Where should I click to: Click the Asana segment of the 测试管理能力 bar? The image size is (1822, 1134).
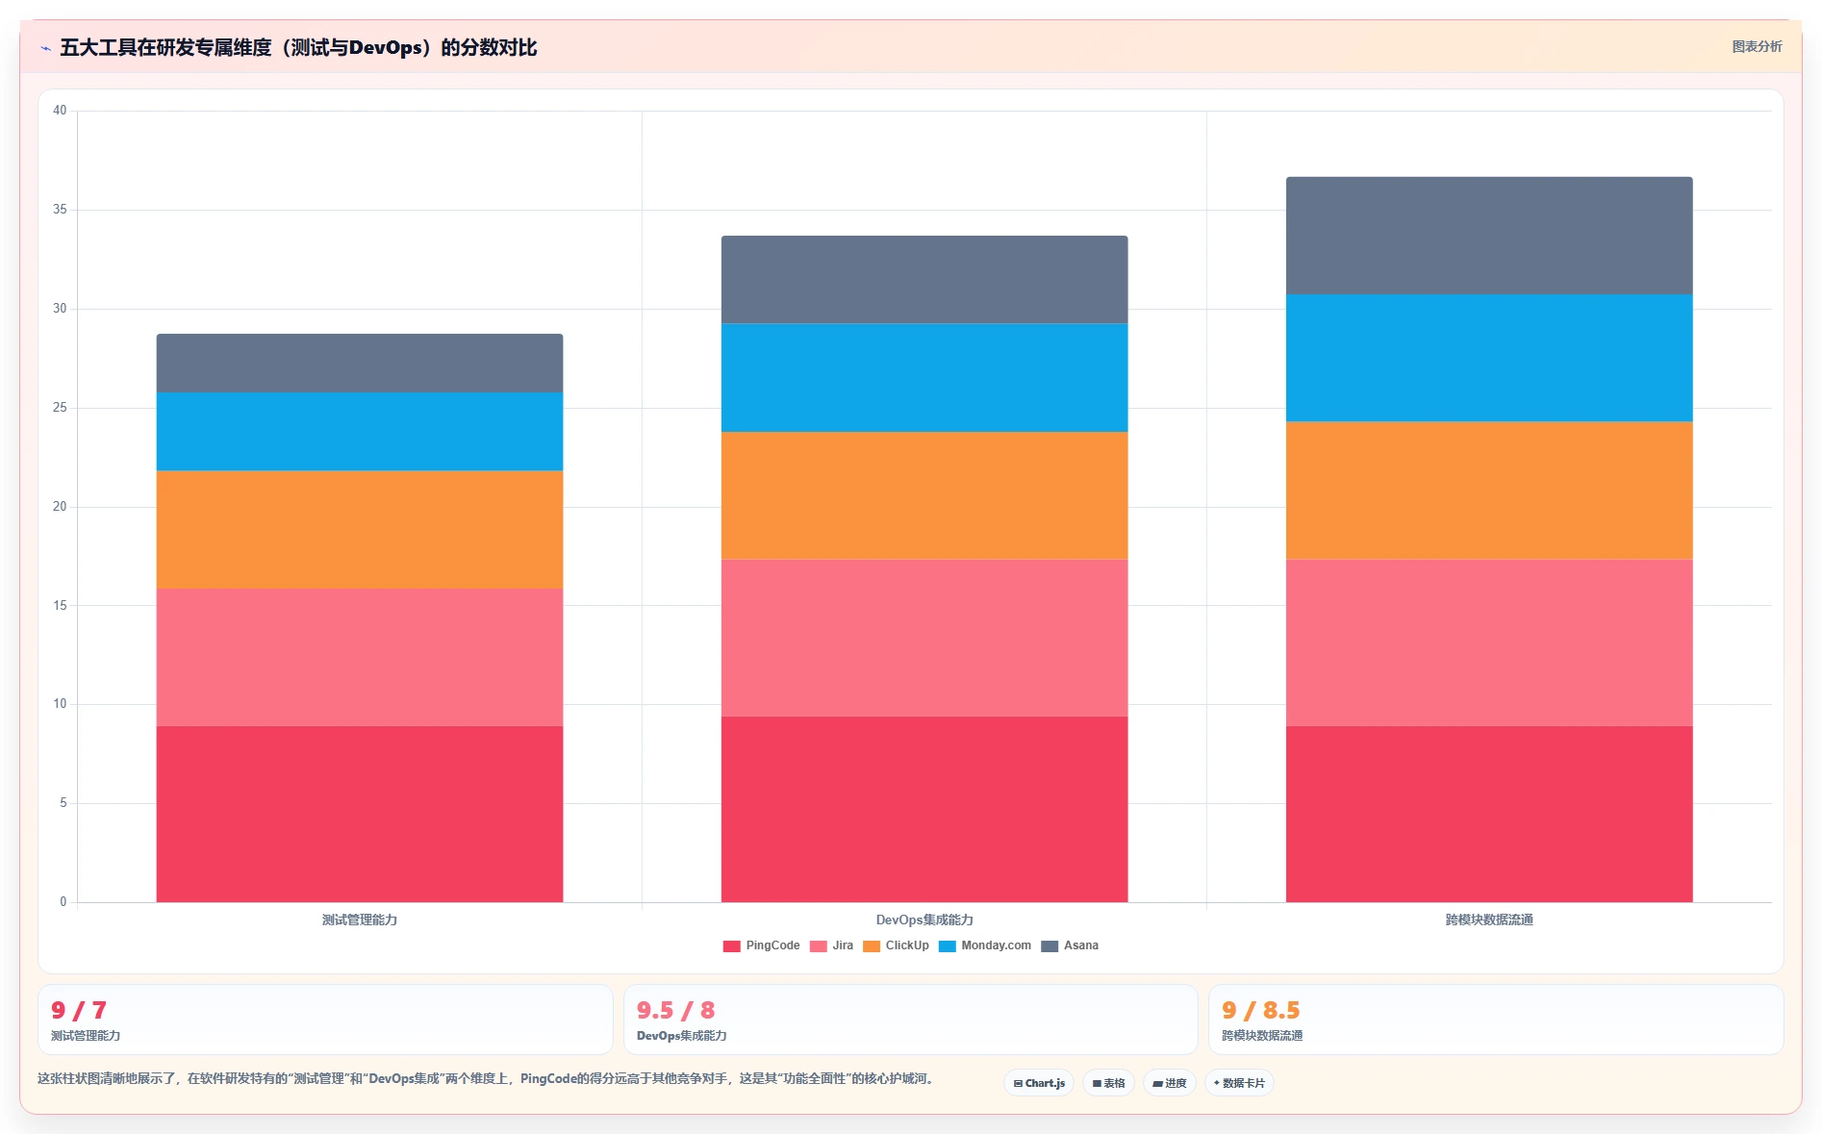360,363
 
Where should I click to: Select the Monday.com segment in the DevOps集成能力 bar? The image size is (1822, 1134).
924,378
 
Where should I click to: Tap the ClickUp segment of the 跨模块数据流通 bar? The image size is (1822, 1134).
1489,491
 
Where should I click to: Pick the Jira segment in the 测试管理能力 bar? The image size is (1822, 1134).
360,657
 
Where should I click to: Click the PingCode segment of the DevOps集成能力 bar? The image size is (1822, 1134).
924,809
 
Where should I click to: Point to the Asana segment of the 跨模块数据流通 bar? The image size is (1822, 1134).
1489,236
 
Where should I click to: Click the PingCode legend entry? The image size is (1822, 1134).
762,945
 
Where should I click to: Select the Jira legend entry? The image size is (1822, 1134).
832,945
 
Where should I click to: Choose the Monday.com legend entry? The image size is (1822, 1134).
985,945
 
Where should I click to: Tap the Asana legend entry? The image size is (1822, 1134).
1070,945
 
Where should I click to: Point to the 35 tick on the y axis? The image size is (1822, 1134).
60,210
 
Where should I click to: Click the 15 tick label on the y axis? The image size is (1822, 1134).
60,606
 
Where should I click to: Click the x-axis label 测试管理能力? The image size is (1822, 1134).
360,920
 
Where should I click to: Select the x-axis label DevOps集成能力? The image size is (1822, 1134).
924,920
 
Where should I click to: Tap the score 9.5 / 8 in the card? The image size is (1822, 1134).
675,1010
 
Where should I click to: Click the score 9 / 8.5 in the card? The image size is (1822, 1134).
1260,1010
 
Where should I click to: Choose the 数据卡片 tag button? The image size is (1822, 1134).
1239,1083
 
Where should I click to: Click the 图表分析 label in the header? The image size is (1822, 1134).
1757,46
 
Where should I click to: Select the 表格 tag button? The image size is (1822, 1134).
1108,1083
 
